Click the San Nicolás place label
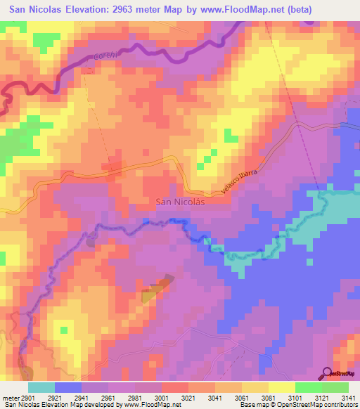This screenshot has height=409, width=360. tap(179, 202)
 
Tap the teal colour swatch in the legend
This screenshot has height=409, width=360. tap(41, 387)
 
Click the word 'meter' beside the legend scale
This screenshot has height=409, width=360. tap(11, 397)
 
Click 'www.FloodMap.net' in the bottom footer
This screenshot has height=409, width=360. tap(148, 405)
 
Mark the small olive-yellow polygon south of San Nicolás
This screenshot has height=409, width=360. tap(156, 288)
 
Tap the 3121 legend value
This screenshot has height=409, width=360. tap(314, 397)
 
